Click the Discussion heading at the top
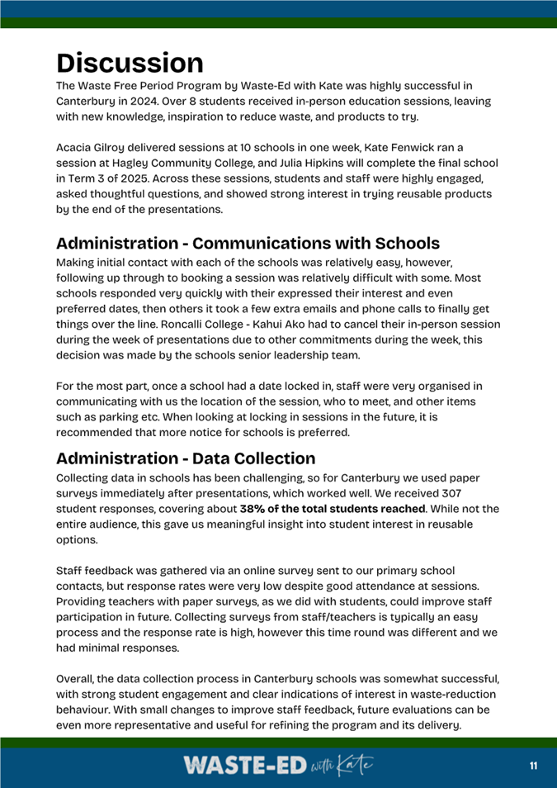pyautogui.click(x=130, y=63)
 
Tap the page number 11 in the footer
pyautogui.click(x=533, y=767)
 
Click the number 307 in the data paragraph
pyautogui.click(x=484, y=494)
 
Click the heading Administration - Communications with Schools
pyautogui.click(x=248, y=244)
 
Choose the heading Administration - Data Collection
pyautogui.click(x=186, y=458)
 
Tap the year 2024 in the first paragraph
pyautogui.click(x=139, y=102)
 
